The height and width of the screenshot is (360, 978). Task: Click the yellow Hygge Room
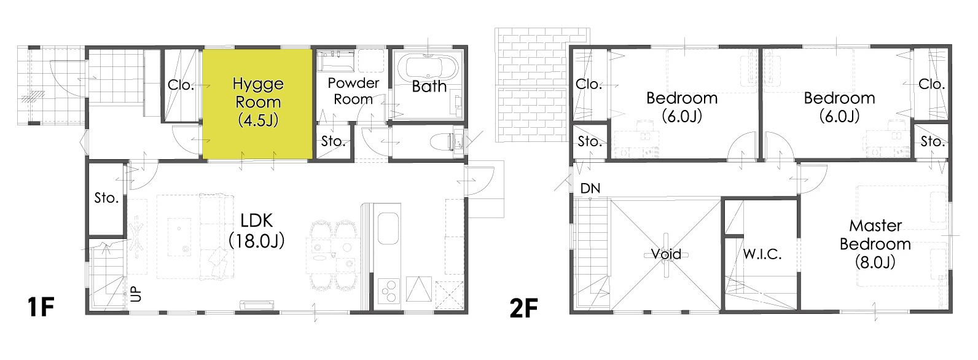[x=257, y=104]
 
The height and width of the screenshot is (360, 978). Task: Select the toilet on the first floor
[x=442, y=143]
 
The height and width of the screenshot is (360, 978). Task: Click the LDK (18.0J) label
[x=257, y=230]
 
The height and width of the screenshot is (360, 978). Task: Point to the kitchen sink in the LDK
[x=388, y=228]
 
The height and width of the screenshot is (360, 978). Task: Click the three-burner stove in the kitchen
[x=388, y=291]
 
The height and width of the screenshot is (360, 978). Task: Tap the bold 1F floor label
[x=41, y=307]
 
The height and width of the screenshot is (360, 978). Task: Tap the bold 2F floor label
[x=523, y=308]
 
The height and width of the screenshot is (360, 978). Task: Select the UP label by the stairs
[x=136, y=294]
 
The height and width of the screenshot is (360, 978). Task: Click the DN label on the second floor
[x=590, y=189]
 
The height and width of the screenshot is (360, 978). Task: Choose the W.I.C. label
[x=762, y=254]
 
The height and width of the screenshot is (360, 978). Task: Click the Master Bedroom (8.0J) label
[x=875, y=244]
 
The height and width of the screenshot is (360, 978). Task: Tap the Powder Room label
[x=353, y=91]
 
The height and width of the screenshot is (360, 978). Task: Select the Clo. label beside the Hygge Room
[x=181, y=85]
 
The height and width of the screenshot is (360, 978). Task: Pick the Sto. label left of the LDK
[x=106, y=198]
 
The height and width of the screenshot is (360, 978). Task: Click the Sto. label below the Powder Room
[x=333, y=141]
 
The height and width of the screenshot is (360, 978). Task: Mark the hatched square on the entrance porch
[x=33, y=97]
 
